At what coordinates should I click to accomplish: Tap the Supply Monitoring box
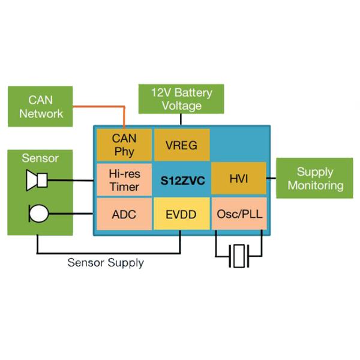coord(314,178)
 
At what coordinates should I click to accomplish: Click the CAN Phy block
coord(124,145)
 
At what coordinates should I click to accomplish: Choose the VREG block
coord(182,145)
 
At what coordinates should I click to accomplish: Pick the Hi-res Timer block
coord(124,179)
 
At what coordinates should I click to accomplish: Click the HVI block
coord(238,179)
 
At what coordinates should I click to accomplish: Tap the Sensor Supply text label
coord(106,262)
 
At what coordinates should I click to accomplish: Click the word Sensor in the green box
coord(40,158)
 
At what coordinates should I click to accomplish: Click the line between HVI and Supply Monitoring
coord(273,179)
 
